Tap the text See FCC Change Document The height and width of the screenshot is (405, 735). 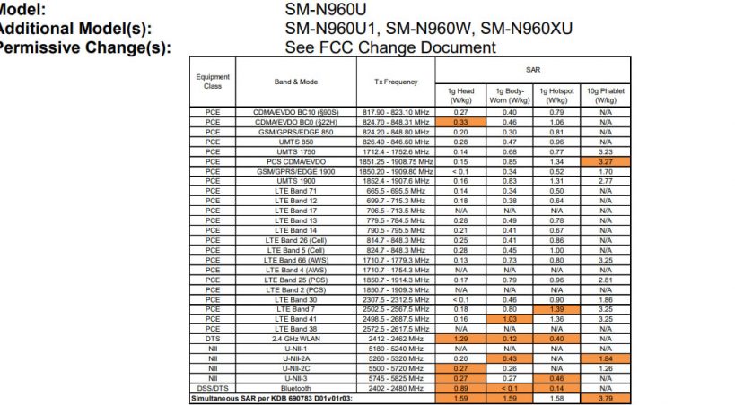(389, 47)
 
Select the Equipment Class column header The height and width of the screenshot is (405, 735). (213, 82)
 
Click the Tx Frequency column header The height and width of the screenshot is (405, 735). (396, 82)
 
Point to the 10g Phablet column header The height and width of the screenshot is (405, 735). (606, 96)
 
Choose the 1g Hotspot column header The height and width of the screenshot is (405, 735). (557, 96)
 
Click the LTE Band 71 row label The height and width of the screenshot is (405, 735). (296, 191)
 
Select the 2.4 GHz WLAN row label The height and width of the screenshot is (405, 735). (296, 340)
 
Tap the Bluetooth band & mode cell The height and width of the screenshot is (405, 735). (296, 390)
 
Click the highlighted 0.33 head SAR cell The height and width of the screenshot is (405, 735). (461, 121)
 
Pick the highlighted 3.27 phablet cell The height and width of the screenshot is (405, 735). (606, 161)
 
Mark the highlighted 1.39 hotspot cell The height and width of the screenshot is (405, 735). (557, 307)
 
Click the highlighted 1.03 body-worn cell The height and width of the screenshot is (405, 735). (510, 318)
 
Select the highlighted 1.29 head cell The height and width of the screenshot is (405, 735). (461, 340)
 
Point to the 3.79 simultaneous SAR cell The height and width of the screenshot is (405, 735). (606, 399)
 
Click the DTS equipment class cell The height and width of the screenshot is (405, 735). (213, 340)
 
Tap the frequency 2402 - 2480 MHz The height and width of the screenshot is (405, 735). (396, 390)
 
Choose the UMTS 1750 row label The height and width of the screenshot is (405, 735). (296, 152)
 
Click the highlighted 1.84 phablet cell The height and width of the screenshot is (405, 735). (606, 358)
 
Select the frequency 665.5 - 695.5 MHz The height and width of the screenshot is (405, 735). (396, 191)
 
